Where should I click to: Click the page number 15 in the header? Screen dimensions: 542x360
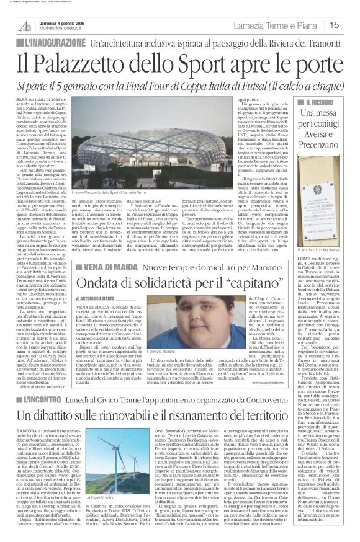(x=351, y=25)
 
